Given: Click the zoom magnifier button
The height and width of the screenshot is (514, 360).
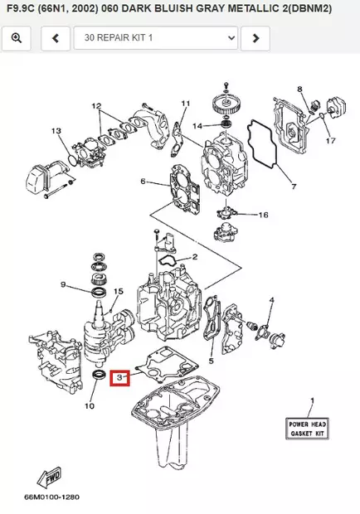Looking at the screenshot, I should point(17,37).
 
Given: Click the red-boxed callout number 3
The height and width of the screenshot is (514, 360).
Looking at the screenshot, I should point(121,378).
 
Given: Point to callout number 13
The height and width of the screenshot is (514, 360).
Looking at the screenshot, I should point(56,131).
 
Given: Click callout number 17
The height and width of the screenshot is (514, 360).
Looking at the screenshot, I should point(330,140).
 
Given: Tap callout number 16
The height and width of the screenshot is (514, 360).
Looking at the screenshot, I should point(263,215).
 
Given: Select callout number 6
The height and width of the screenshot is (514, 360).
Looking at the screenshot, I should point(143,182).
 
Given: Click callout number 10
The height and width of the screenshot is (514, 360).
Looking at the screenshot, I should point(90,406).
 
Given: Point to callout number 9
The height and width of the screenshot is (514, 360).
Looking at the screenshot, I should point(62,284).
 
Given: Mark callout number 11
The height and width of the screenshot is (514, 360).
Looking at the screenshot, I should point(185,103).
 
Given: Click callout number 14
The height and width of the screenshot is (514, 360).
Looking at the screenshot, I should point(197,125).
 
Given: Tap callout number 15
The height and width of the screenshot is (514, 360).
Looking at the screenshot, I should point(118,291).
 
